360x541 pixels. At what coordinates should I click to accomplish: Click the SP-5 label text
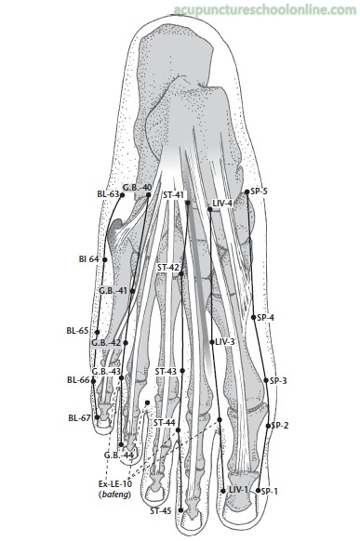pyautogui.click(x=259, y=191)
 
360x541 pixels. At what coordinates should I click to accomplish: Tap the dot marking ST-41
pyautogui.click(x=188, y=203)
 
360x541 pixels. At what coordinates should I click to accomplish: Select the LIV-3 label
pyautogui.click(x=225, y=342)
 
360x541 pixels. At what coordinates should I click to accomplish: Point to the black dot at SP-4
pyautogui.click(x=254, y=317)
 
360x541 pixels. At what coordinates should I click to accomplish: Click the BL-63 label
pyautogui.click(x=108, y=194)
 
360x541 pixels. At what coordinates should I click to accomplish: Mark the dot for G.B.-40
pyautogui.click(x=149, y=195)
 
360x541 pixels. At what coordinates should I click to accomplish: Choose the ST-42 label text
pyautogui.click(x=168, y=268)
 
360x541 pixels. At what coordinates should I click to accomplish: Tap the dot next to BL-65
pyautogui.click(x=98, y=332)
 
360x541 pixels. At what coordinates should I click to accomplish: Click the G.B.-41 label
pyautogui.click(x=113, y=291)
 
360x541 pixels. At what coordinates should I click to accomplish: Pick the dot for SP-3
pyautogui.click(x=266, y=380)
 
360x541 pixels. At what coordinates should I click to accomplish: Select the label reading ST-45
pyautogui.click(x=161, y=511)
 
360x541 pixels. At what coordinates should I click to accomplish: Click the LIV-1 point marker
pyautogui.click(x=223, y=490)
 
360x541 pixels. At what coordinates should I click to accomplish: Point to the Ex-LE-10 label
pyautogui.click(x=115, y=484)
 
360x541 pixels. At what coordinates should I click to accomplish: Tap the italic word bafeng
pyautogui.click(x=115, y=495)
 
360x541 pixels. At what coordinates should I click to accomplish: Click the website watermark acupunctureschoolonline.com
pyautogui.click(x=265, y=10)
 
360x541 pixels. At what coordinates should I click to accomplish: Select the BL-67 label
pyautogui.click(x=79, y=418)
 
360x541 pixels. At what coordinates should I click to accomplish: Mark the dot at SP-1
pyautogui.click(x=259, y=490)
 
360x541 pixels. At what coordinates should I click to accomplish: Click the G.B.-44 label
pyautogui.click(x=119, y=455)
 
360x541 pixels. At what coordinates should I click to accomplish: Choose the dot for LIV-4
pyautogui.click(x=210, y=209)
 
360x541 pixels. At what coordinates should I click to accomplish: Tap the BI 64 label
pyautogui.click(x=88, y=258)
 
